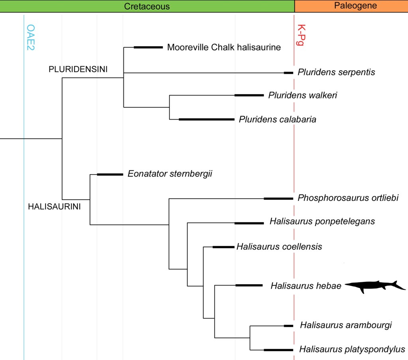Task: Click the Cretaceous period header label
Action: click(x=147, y=6)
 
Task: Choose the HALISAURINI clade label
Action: click(x=54, y=207)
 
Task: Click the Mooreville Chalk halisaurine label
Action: click(x=224, y=47)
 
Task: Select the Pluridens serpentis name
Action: click(x=336, y=73)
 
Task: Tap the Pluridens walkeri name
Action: click(x=303, y=95)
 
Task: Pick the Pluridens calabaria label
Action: click(x=277, y=119)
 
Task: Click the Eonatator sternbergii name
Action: click(x=170, y=174)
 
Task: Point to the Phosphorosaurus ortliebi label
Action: click(x=348, y=198)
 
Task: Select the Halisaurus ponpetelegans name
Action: click(x=322, y=221)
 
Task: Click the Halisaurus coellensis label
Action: click(x=279, y=247)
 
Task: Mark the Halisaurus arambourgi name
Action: click(x=346, y=325)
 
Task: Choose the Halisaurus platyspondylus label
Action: click(x=352, y=350)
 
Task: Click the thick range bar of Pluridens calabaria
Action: click(x=206, y=119)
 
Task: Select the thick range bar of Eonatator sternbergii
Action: click(x=110, y=174)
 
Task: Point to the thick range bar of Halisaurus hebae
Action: click(x=249, y=285)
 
